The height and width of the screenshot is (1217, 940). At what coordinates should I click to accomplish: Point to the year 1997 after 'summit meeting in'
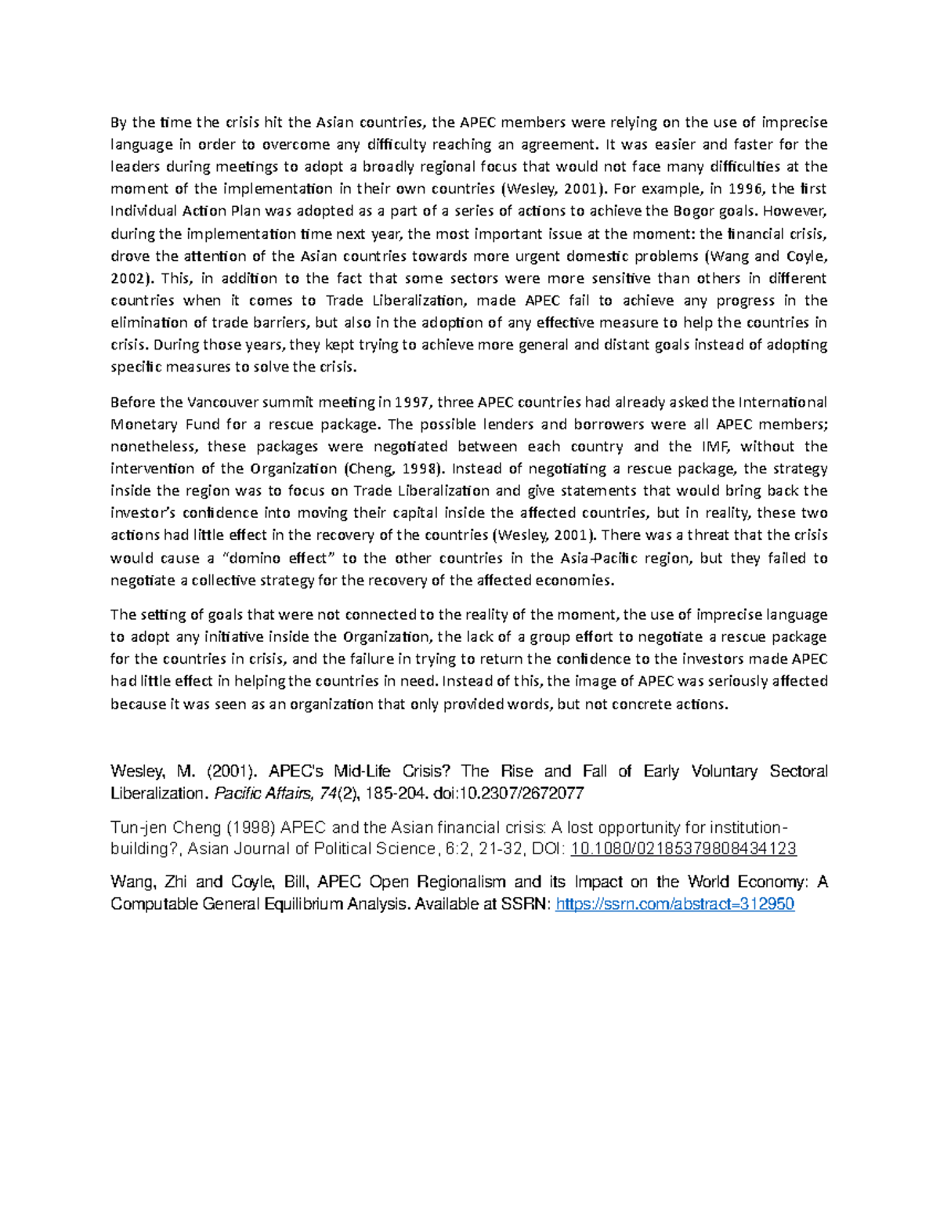(413, 403)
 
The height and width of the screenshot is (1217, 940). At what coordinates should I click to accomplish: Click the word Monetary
(142, 425)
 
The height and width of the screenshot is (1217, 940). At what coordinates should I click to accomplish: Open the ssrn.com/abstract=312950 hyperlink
(674, 904)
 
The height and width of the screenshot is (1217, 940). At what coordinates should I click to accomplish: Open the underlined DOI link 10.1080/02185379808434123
(684, 849)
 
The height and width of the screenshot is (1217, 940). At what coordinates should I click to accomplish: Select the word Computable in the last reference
(154, 904)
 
